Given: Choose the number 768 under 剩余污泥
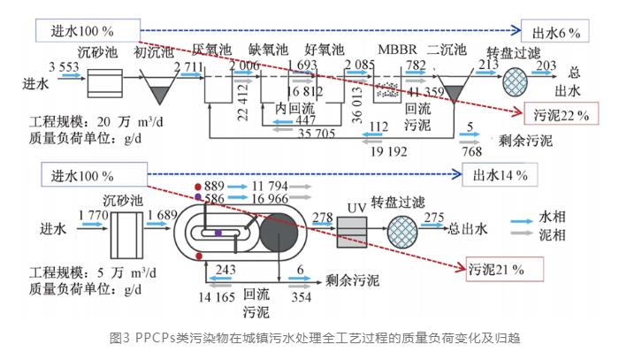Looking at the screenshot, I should [472, 150].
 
